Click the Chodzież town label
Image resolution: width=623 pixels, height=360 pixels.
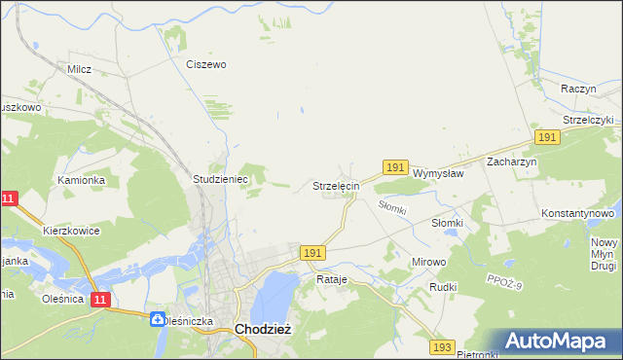(262, 330)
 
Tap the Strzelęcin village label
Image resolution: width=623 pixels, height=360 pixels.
(337, 185)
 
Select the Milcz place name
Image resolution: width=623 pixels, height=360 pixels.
(79, 70)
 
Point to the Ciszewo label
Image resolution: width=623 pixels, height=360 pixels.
(206, 65)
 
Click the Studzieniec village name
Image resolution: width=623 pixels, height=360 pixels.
(222, 180)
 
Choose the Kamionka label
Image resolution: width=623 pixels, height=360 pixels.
(81, 180)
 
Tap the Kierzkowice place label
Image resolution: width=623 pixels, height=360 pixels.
(72, 231)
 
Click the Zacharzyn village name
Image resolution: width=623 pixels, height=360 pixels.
(512, 162)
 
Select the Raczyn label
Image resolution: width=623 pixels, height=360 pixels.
(578, 89)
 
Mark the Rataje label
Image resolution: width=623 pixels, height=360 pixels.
(332, 279)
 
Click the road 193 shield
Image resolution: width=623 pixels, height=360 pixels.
(443, 346)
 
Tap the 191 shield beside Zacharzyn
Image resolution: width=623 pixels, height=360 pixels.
(547, 138)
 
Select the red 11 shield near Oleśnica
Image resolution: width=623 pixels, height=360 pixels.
(99, 302)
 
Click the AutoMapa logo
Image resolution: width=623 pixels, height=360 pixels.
(555, 340)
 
